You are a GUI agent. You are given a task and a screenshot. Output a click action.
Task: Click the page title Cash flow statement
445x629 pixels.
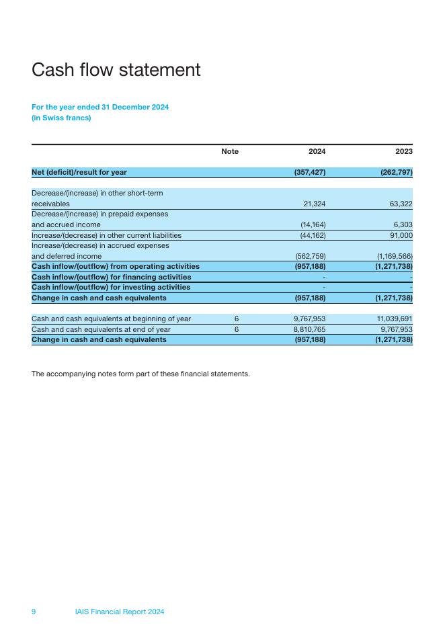(x=116, y=70)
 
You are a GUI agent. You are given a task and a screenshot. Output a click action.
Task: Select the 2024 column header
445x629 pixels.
(x=317, y=152)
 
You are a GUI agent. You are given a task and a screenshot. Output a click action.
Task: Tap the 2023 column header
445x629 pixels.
(x=403, y=152)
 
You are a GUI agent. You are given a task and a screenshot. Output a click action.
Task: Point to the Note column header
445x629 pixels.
(x=230, y=152)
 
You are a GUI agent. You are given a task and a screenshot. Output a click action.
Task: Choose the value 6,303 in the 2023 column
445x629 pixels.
(x=403, y=224)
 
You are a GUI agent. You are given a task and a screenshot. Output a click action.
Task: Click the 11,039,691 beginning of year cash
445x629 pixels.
(x=393, y=319)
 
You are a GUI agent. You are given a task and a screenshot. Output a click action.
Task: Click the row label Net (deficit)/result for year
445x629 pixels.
(x=79, y=173)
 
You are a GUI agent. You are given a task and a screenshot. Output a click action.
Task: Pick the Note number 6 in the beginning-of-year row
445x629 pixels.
(x=236, y=319)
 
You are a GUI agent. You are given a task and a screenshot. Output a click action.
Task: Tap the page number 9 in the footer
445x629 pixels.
(x=34, y=612)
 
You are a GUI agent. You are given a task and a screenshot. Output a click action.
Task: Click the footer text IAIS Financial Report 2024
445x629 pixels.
(x=120, y=612)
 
